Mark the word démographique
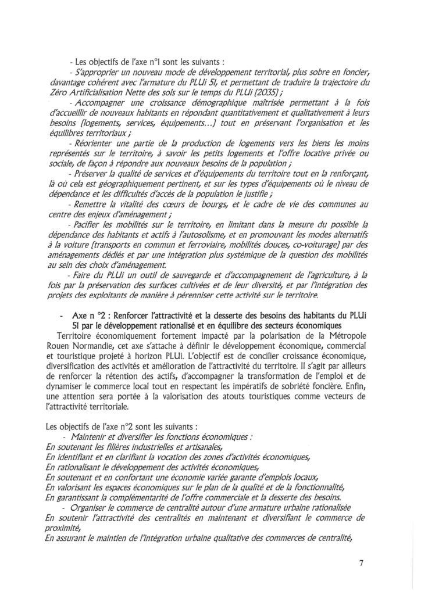tap(192, 106)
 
